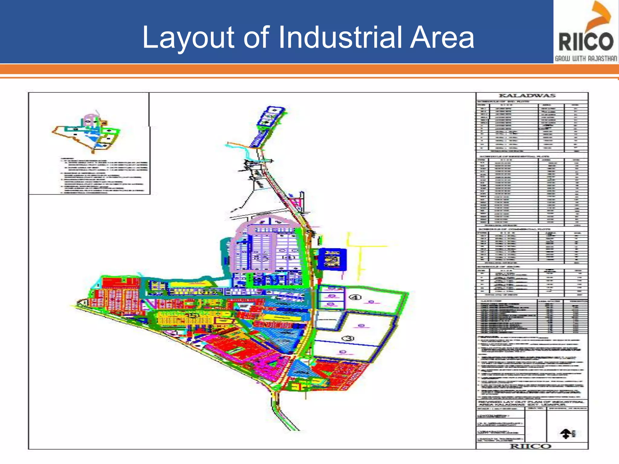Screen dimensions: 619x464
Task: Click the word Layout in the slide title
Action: [x=188, y=37]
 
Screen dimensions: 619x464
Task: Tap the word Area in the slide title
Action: [x=442, y=37]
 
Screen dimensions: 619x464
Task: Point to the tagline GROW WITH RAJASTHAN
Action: [x=586, y=59]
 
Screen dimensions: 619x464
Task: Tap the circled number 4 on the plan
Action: [x=355, y=297]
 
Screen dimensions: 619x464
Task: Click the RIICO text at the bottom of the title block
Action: [x=531, y=446]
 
